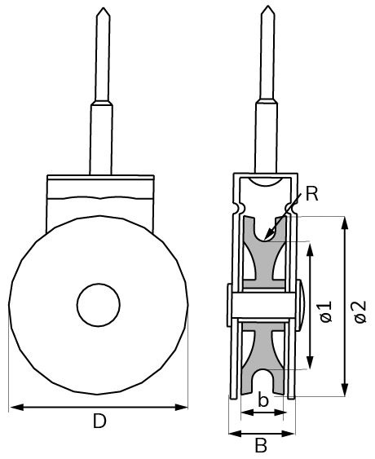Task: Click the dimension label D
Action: (x=99, y=421)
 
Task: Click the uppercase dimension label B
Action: (x=261, y=446)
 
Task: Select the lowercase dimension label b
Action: (x=262, y=399)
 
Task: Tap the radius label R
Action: (x=312, y=194)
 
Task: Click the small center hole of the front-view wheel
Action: (x=99, y=306)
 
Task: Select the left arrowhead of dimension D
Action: (x=13, y=406)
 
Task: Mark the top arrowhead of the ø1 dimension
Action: (x=311, y=247)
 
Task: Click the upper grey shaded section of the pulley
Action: (x=262, y=261)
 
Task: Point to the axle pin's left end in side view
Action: (x=225, y=305)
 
